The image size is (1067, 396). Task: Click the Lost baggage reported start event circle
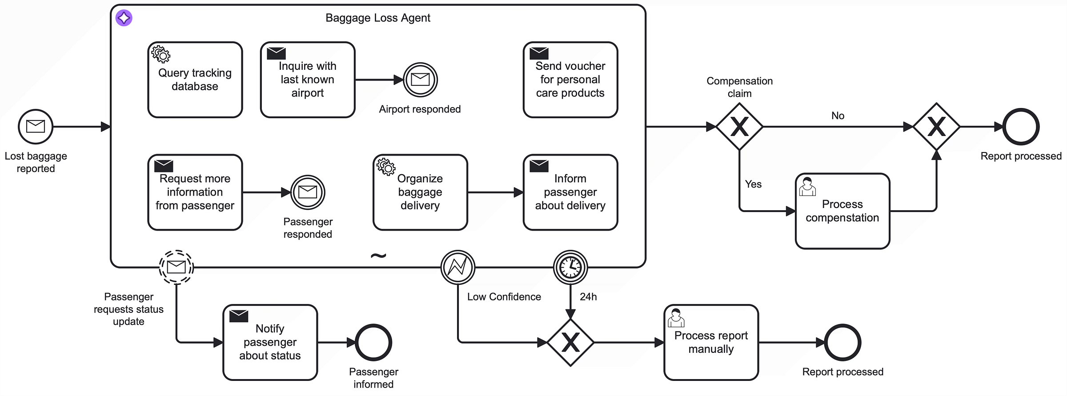point(36,127)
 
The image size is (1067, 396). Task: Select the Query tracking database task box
point(195,80)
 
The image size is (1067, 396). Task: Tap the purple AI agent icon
point(124,18)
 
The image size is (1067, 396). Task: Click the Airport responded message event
point(420,80)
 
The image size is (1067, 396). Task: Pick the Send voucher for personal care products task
point(570,80)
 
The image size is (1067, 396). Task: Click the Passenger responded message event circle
point(308,192)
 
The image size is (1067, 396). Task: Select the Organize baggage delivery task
point(420,192)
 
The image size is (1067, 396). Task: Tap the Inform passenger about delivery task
point(570,192)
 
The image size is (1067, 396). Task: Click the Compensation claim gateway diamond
point(739,127)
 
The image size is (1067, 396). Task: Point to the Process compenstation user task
point(842,211)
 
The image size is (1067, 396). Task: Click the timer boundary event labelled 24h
point(570,268)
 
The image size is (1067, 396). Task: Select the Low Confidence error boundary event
point(458,268)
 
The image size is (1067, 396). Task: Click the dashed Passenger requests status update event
point(176,267)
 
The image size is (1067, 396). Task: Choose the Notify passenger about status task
point(270,342)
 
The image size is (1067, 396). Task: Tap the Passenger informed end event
point(373,342)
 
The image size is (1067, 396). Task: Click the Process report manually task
point(711,342)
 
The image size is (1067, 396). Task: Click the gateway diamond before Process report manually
point(570,342)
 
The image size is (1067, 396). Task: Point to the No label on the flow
point(838,116)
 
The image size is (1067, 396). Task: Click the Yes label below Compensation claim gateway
point(753,184)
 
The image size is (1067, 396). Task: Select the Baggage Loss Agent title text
point(378,18)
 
